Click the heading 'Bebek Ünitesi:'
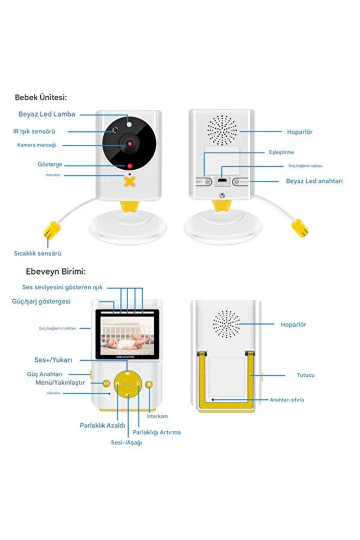click(x=41, y=97)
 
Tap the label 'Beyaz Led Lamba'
click(x=47, y=114)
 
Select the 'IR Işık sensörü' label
click(x=34, y=131)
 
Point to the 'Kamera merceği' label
click(x=37, y=145)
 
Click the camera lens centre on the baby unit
click(x=129, y=143)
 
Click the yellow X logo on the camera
click(x=130, y=182)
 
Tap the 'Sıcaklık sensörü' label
click(x=38, y=253)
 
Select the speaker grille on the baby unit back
click(x=222, y=130)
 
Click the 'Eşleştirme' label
click(x=281, y=152)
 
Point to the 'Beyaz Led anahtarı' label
click(x=314, y=181)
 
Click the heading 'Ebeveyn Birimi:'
click(x=56, y=271)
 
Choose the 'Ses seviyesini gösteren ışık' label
click(x=62, y=287)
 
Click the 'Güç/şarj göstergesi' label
click(x=41, y=301)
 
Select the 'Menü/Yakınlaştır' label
click(x=60, y=382)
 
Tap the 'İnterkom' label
click(x=157, y=416)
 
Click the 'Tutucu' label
click(x=306, y=375)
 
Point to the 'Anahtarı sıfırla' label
click(x=287, y=400)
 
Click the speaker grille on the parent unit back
click(x=226, y=324)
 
